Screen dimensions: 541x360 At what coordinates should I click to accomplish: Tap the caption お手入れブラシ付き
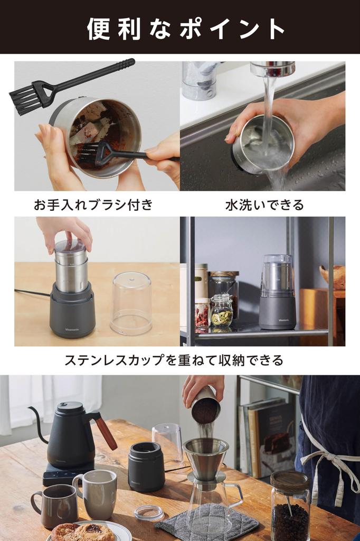click(93, 205)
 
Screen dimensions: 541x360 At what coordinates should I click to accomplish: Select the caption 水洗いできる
click(264, 205)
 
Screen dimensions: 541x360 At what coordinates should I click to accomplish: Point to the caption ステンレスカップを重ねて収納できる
click(174, 360)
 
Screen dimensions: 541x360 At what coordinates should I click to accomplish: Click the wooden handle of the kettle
click(106, 431)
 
